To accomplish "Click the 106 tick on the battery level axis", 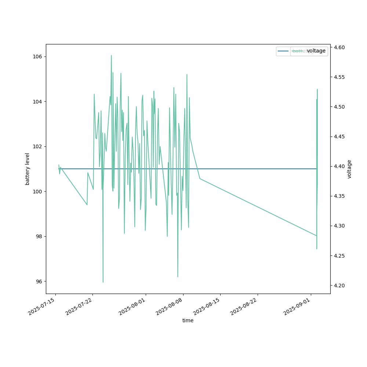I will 38,57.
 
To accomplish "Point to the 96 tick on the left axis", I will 39,281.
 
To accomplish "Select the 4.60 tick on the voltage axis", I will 339,47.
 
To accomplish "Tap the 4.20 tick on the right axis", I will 339,285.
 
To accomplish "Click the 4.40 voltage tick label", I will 339,166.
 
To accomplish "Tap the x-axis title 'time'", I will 188,320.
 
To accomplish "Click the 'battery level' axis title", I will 28,169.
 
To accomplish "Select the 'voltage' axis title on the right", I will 349,169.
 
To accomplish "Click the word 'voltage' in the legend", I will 316,51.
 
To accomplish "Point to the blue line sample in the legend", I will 283,51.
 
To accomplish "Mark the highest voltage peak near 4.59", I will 111,55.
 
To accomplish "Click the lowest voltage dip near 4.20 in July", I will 103,282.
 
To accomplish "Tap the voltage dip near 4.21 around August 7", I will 178,277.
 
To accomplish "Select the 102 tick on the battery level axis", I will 38,146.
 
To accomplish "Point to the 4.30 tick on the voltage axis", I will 339,226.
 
